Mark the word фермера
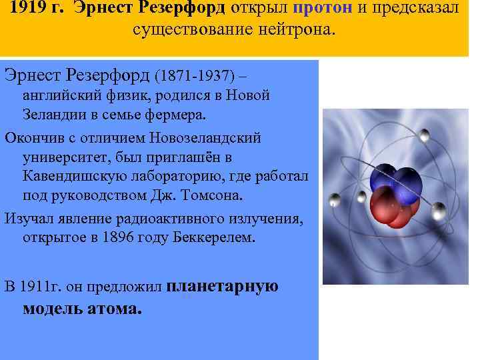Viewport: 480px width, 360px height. pyautogui.click(x=179, y=114)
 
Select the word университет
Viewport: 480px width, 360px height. pyautogui.click(x=61, y=157)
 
